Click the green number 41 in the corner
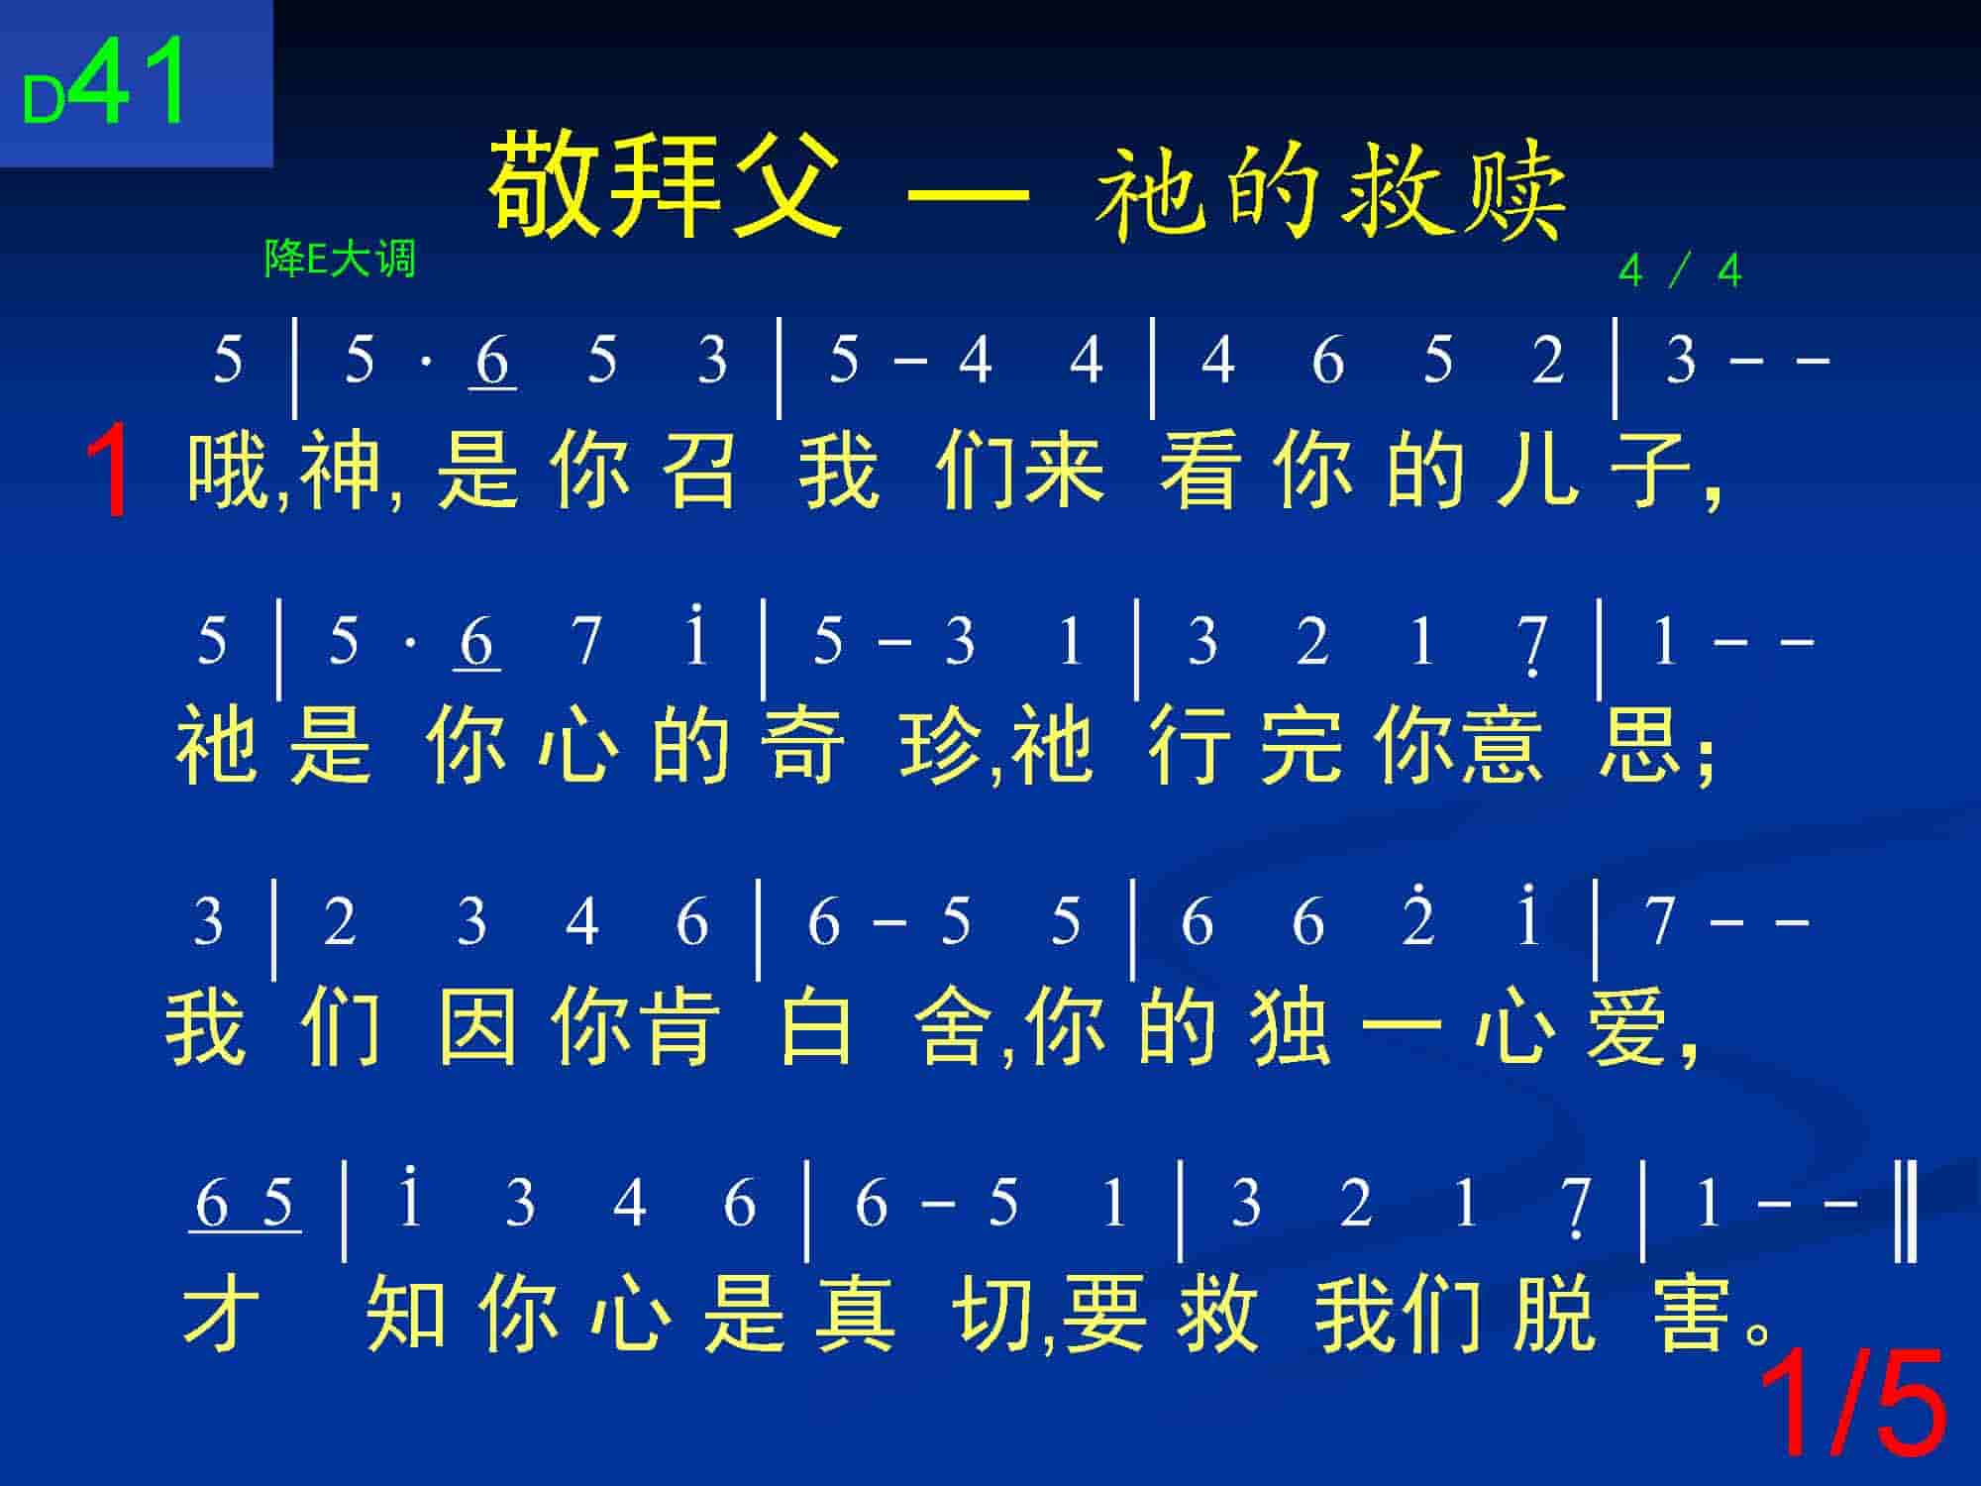[x=132, y=82]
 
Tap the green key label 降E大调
[x=340, y=260]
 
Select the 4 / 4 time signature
[x=1680, y=270]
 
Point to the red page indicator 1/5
[x=1849, y=1404]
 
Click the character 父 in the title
[x=787, y=185]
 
